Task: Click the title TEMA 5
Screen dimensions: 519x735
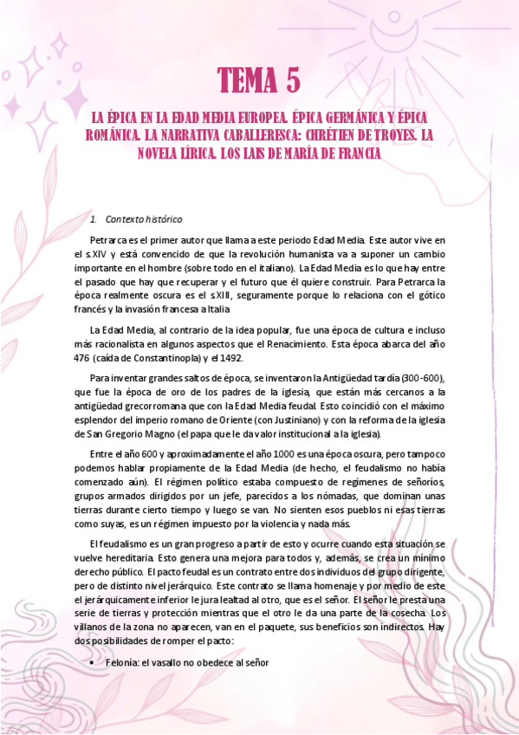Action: pos(259,81)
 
